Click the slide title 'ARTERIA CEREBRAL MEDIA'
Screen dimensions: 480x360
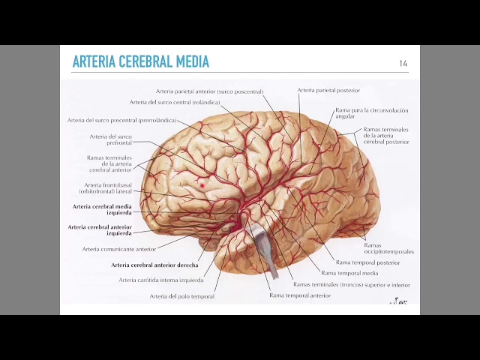[140, 61]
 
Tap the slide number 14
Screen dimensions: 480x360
[403, 64]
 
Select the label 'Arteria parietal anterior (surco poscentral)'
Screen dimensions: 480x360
[209, 91]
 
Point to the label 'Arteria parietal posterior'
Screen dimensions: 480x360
[328, 90]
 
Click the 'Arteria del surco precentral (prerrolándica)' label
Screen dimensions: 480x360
[121, 120]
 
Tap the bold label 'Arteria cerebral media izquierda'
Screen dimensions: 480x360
[102, 209]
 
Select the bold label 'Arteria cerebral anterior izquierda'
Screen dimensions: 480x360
[100, 229]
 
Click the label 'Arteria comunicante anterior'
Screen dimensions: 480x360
[119, 249]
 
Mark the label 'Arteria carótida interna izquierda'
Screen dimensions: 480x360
[160, 280]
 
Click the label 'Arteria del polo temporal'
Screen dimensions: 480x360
[181, 296]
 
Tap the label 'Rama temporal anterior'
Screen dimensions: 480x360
[300, 295]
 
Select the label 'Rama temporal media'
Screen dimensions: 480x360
[349, 273]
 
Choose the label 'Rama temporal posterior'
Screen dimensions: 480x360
[368, 262]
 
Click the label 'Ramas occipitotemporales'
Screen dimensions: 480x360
[388, 248]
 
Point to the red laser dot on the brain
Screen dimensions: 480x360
[202, 184]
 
